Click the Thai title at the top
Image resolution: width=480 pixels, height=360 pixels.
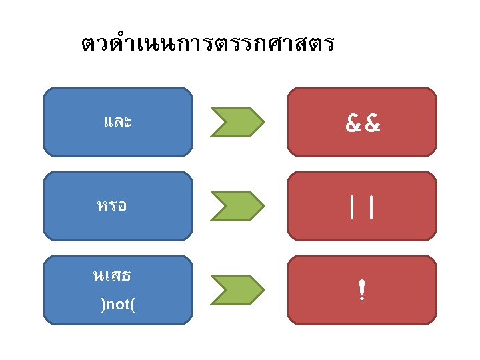click(x=207, y=45)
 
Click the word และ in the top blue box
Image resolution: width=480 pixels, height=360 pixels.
click(x=117, y=122)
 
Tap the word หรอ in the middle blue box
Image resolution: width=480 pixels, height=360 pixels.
click(x=112, y=206)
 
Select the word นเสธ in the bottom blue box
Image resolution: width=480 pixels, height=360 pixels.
click(x=111, y=274)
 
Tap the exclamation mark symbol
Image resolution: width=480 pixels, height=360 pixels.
click(x=361, y=291)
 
